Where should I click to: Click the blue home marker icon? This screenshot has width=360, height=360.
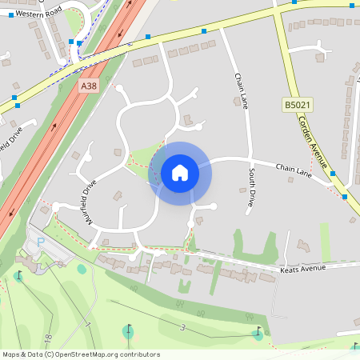[180, 172]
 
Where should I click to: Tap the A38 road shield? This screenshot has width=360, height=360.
[89, 84]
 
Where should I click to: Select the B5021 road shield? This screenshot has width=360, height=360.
[294, 105]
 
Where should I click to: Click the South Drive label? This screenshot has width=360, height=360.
[251, 187]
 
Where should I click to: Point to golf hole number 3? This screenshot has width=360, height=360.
[182, 327]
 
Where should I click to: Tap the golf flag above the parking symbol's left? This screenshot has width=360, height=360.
[18, 276]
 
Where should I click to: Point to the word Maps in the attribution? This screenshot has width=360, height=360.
[12, 354]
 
